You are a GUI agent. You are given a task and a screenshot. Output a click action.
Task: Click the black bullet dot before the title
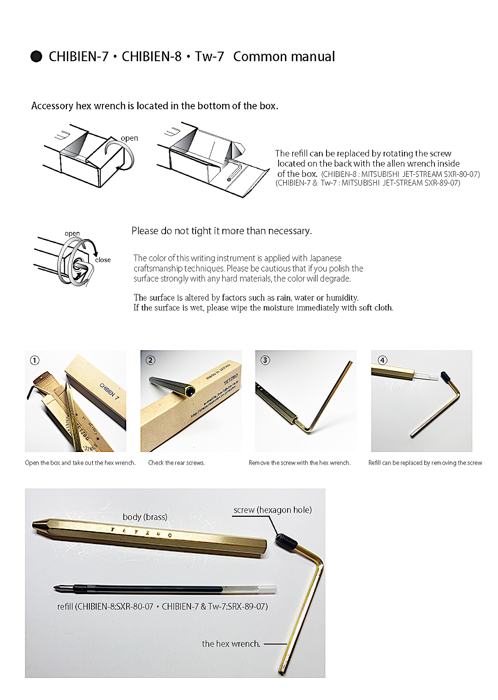[x=36, y=56]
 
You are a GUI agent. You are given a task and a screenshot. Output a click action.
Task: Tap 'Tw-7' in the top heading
[x=209, y=56]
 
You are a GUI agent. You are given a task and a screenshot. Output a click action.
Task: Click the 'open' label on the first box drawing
[x=129, y=138]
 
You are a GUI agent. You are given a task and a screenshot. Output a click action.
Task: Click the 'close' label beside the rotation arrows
[x=103, y=260]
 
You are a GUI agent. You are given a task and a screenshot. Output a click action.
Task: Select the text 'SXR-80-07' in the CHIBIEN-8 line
[x=461, y=174]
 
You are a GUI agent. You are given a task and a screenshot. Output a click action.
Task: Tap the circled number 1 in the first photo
[x=35, y=360]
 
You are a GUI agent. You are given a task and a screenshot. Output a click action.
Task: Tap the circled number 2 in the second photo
[x=150, y=360]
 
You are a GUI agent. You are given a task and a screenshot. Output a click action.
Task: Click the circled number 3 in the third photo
[x=265, y=360]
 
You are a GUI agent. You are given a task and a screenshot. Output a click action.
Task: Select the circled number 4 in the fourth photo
[x=382, y=360]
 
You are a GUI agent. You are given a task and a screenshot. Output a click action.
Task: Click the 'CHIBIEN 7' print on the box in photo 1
[x=109, y=391]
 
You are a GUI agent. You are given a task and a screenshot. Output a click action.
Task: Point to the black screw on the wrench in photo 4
[x=444, y=376]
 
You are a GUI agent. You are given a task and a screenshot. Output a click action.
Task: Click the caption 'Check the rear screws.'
[x=177, y=463]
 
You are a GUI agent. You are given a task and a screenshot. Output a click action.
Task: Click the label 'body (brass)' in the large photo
[x=145, y=517]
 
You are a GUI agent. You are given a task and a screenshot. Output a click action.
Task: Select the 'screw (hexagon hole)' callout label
[x=272, y=510]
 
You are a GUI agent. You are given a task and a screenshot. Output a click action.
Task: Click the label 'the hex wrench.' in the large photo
[x=231, y=644]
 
